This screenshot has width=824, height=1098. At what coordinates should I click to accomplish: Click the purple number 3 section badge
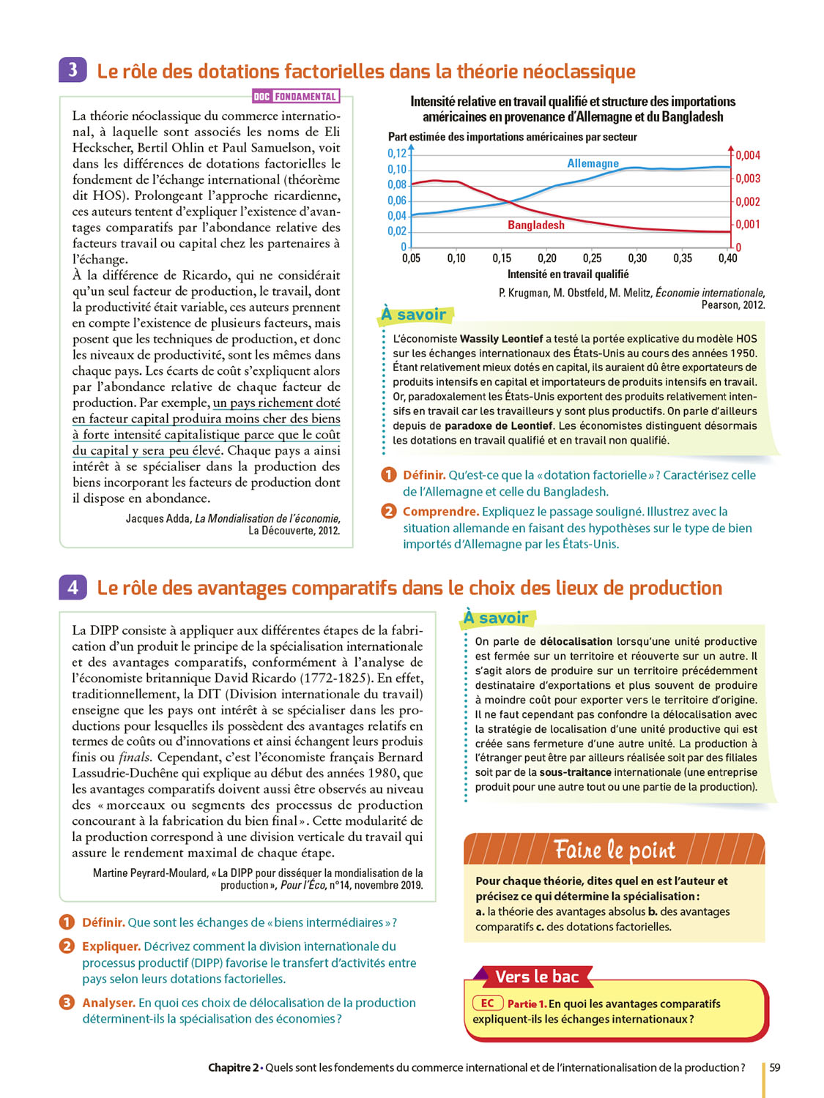(x=73, y=70)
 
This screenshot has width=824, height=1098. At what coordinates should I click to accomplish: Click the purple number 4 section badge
(x=73, y=587)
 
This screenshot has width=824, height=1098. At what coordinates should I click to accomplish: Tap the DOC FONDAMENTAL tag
(x=295, y=97)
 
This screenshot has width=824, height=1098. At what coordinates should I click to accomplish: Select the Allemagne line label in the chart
(x=593, y=163)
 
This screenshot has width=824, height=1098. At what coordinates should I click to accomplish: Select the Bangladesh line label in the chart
(x=536, y=225)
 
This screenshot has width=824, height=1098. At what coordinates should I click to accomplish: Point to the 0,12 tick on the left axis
(x=396, y=153)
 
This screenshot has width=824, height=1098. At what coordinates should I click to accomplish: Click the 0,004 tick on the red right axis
(x=748, y=155)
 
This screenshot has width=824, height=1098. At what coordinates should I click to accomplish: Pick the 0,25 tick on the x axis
(x=592, y=258)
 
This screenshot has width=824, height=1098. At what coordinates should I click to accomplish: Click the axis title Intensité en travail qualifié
(x=568, y=274)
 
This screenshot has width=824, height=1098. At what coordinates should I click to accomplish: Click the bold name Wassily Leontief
(x=501, y=338)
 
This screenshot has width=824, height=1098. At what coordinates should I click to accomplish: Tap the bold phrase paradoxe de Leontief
(x=498, y=425)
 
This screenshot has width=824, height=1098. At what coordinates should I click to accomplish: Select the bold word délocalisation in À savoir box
(x=576, y=641)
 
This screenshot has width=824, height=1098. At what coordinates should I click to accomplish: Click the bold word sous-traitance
(x=575, y=772)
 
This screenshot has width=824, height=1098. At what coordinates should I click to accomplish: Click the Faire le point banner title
(x=614, y=850)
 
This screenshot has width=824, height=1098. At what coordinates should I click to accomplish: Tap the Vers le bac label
(x=537, y=976)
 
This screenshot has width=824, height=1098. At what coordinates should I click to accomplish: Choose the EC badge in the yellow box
(x=487, y=1003)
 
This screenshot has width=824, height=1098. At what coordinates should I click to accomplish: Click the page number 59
(x=775, y=1067)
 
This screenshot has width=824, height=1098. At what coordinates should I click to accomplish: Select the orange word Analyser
(x=108, y=1003)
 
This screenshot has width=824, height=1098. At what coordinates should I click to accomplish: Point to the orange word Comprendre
(x=440, y=512)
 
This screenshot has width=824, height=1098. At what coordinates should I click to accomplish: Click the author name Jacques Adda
(x=157, y=518)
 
